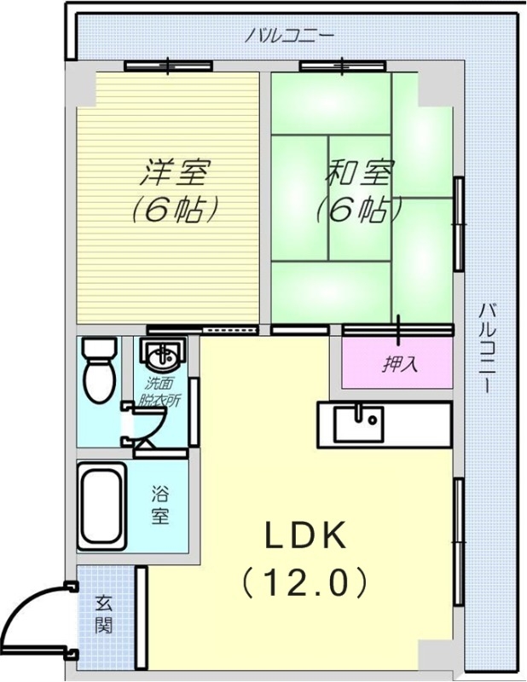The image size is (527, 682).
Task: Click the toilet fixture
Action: click(100, 371)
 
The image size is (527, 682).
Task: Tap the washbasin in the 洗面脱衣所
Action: click(163, 354)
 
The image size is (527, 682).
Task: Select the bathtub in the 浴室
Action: click(102, 506)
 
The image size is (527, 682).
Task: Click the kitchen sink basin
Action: click(359, 424)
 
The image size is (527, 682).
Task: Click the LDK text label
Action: click(305, 535)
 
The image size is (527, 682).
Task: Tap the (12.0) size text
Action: click(304, 581)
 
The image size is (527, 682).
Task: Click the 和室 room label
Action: click(360, 173)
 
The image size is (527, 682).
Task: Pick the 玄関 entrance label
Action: click(104, 615)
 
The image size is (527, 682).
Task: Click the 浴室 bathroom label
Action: click(159, 506)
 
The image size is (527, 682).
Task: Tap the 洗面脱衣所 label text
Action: click(159, 392)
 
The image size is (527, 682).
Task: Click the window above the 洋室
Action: click(168, 66)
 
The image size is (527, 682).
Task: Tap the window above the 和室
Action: click(343, 66)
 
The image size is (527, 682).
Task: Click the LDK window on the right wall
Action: click(458, 541)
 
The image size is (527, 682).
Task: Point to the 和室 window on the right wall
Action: click(458, 223)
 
